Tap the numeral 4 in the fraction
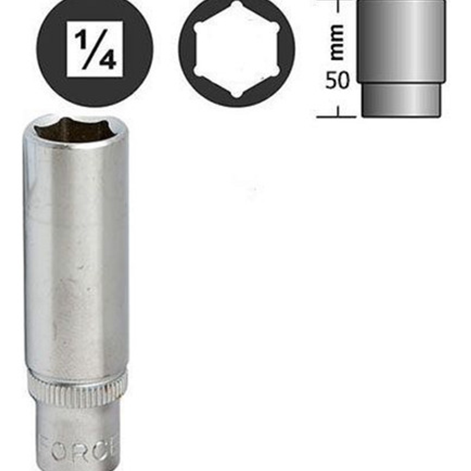pos(107,60)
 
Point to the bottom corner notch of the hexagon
pos(237,94)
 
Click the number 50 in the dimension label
pos(337,81)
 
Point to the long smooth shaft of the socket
pos(76,256)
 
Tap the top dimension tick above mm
pos(338,7)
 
